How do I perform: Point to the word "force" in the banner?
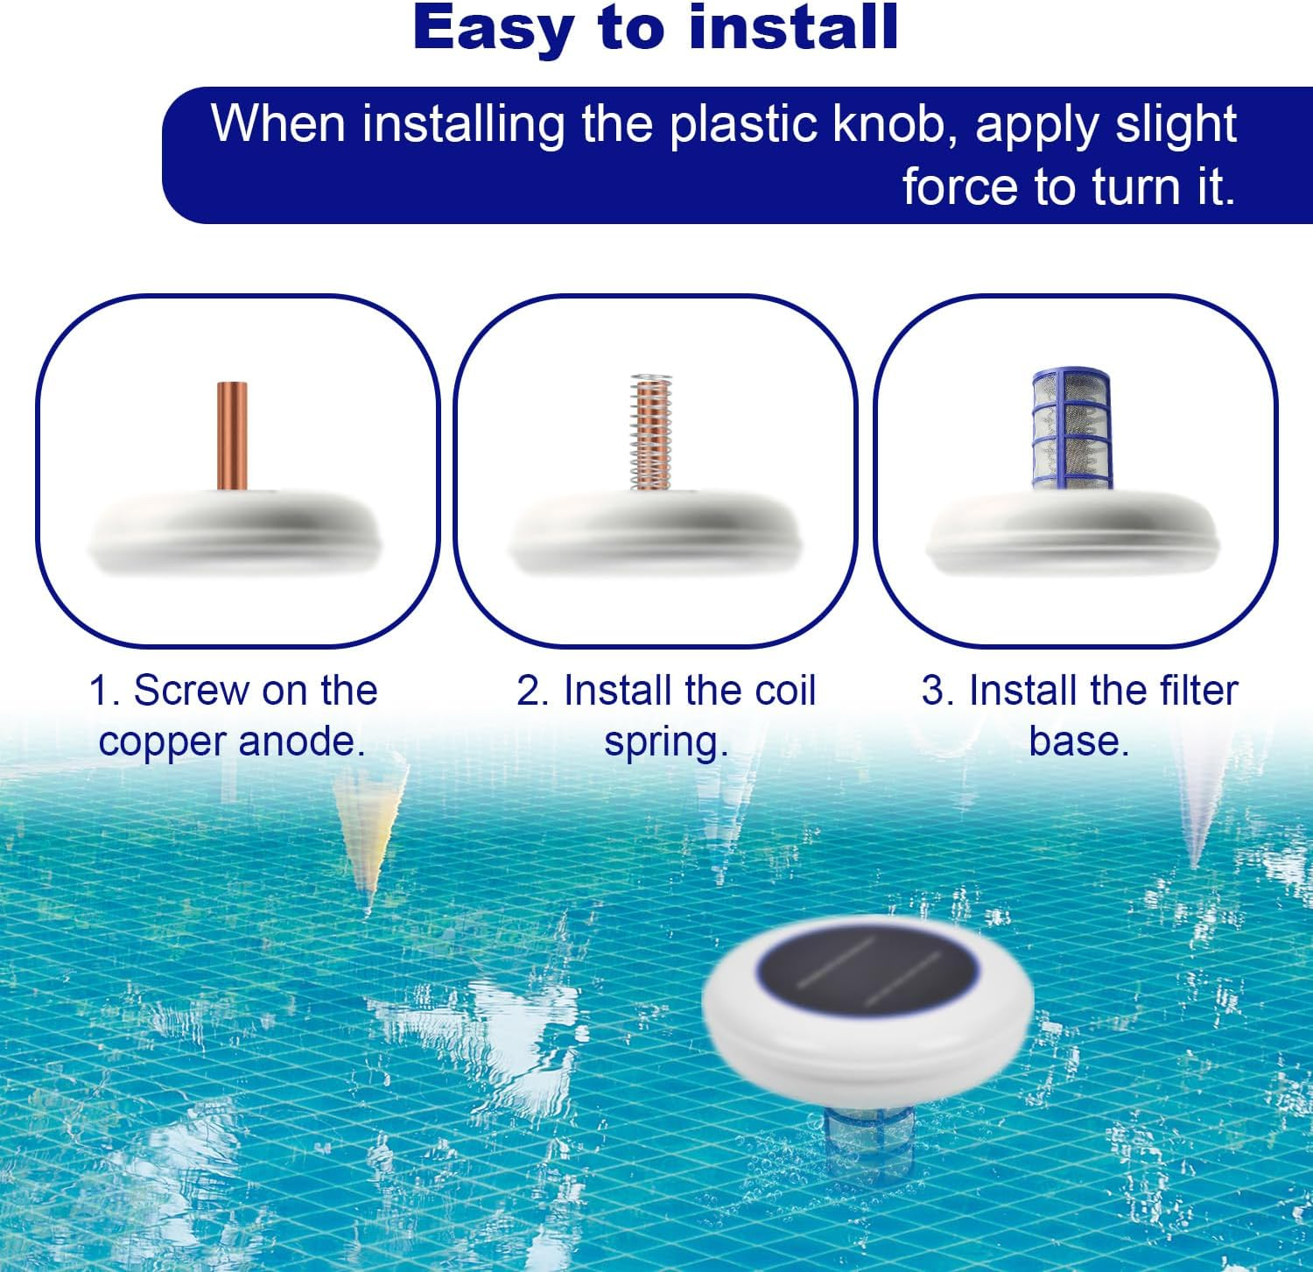pyautogui.click(x=958, y=186)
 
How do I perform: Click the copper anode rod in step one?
pyautogui.click(x=232, y=435)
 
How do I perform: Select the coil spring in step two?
pyautogui.click(x=651, y=432)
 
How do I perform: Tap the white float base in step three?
pyautogui.click(x=1073, y=534)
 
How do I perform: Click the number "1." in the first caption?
pyautogui.click(x=104, y=691)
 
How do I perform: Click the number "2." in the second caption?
pyautogui.click(x=532, y=691)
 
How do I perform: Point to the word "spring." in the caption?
pyautogui.click(x=666, y=742)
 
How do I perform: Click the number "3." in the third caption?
pyautogui.click(x=937, y=691)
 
